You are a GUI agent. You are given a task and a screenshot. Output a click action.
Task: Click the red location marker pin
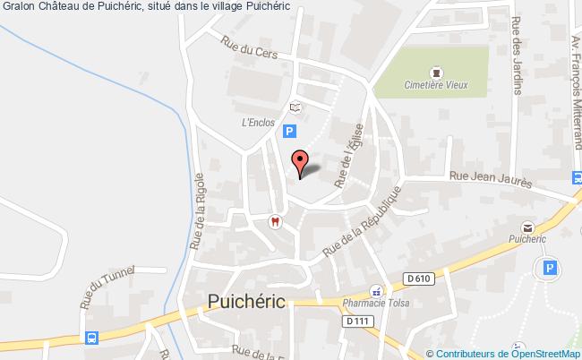(301, 162)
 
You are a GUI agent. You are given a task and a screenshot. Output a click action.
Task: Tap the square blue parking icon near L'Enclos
(289, 132)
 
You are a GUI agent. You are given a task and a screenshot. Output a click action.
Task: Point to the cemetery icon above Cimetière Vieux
(436, 71)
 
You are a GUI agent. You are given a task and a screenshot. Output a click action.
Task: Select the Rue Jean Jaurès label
(491, 180)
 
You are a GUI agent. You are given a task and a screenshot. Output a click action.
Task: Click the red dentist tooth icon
(275, 221)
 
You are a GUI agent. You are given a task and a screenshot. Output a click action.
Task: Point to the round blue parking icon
(546, 268)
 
